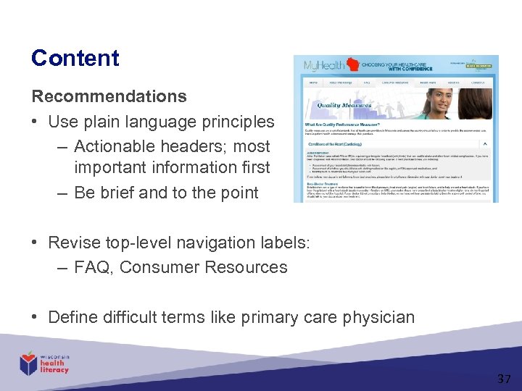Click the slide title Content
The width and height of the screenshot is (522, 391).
click(x=75, y=58)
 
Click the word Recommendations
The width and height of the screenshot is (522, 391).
click(x=109, y=96)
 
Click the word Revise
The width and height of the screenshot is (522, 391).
click(x=72, y=243)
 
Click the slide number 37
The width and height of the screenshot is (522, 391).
click(x=504, y=378)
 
